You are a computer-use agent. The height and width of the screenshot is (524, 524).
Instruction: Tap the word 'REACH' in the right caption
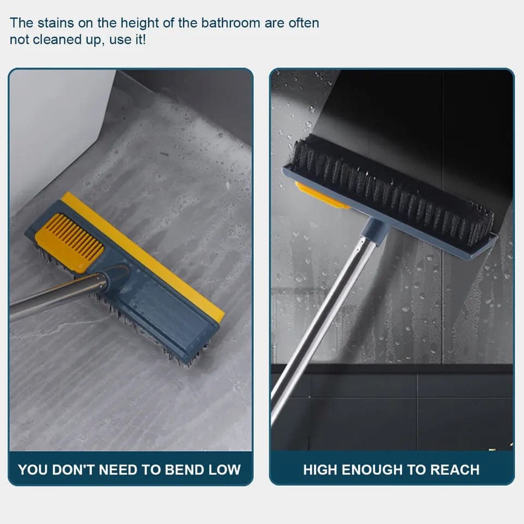click(455, 469)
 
